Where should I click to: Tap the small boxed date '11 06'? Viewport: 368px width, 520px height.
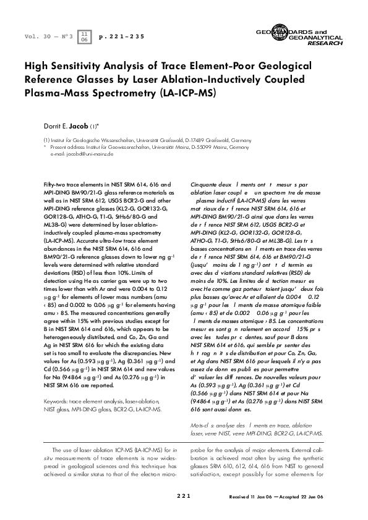(x=85, y=36)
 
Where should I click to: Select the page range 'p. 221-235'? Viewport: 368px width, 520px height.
(x=122, y=37)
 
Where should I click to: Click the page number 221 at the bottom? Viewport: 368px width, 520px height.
(x=184, y=497)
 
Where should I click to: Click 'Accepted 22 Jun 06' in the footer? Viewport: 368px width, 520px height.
(x=301, y=497)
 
